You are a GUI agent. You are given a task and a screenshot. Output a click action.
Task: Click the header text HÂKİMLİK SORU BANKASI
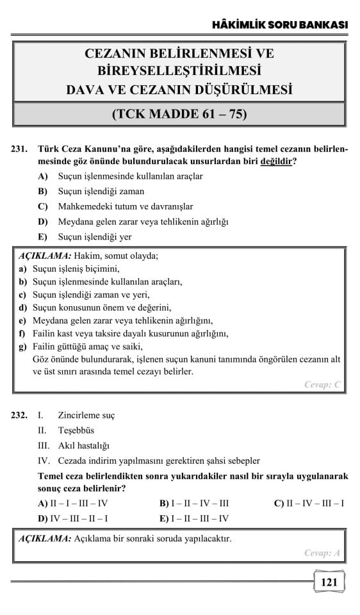(280, 24)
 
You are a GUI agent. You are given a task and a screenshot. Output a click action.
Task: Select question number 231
(19, 149)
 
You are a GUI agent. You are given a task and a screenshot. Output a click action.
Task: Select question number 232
(19, 415)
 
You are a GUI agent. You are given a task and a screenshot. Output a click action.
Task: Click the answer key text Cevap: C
(322, 384)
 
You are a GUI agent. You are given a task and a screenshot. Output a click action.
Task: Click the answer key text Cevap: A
(322, 553)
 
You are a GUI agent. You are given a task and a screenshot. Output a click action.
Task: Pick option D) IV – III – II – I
(73, 518)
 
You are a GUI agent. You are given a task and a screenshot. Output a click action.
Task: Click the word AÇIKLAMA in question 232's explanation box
(44, 538)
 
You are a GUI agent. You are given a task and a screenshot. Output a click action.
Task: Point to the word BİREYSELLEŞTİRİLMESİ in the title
(179, 70)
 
